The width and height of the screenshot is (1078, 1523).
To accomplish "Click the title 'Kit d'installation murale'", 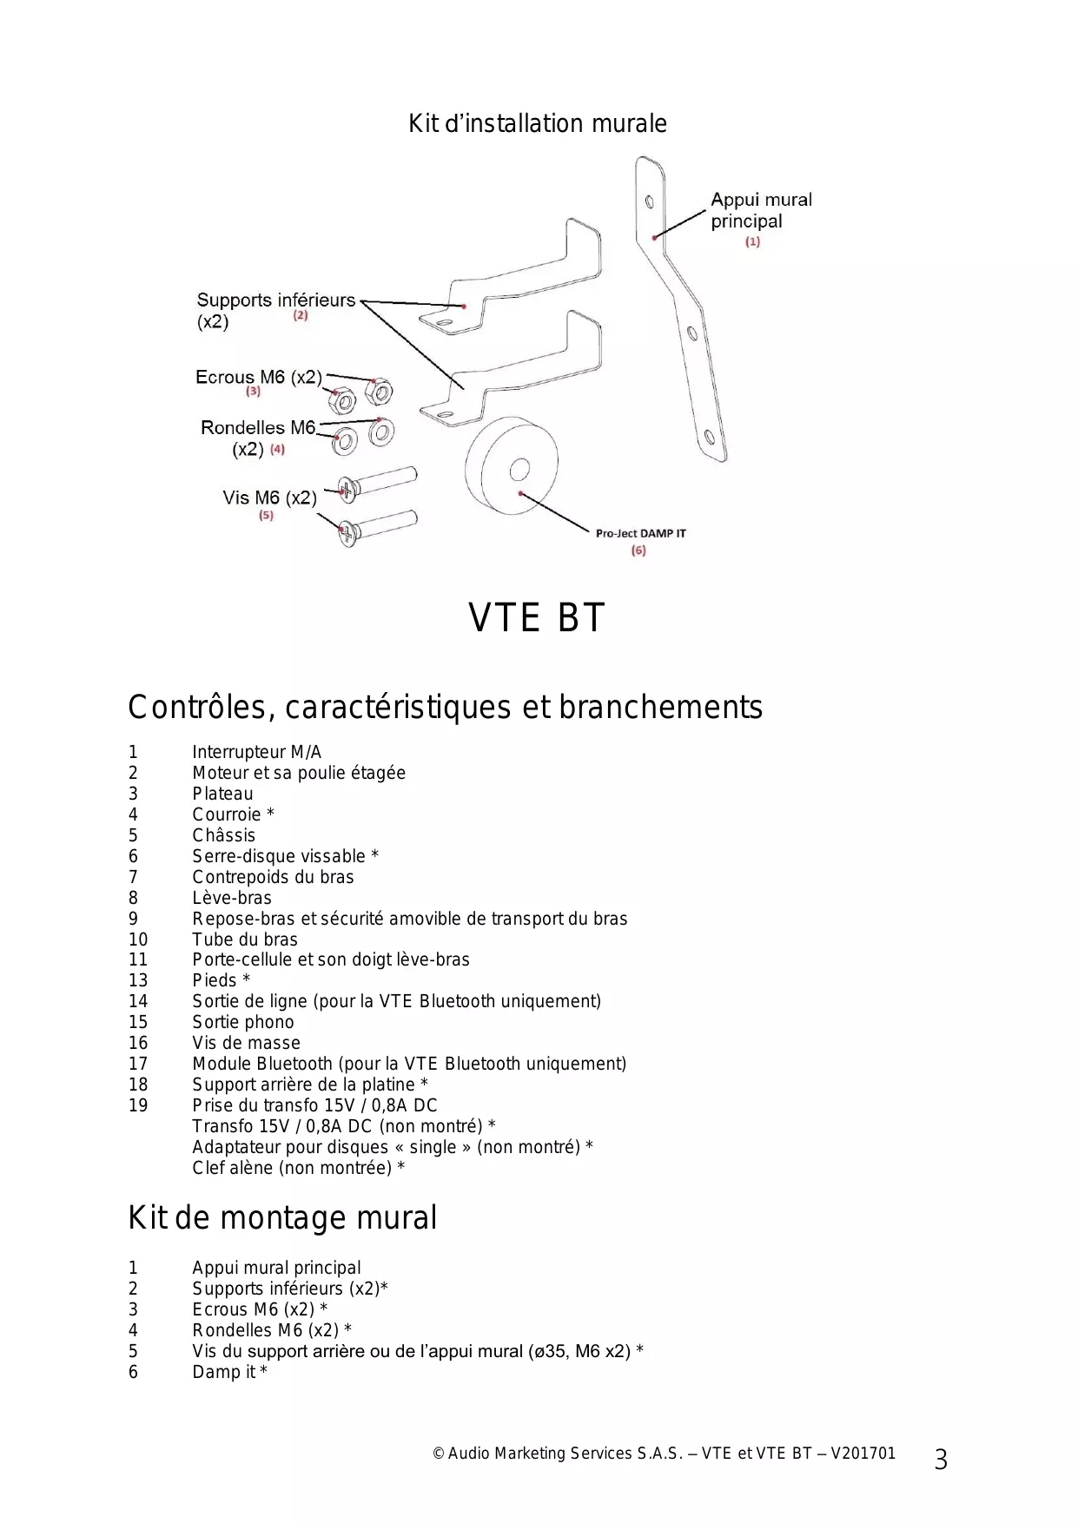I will coord(538,124).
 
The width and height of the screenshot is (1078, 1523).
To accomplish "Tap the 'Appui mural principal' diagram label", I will coord(760,210).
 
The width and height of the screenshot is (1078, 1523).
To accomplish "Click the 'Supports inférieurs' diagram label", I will coord(275,300).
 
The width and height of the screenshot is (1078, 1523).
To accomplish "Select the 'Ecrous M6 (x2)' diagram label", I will coord(258,377).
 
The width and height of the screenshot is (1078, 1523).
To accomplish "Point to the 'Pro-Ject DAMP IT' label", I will coord(640,533).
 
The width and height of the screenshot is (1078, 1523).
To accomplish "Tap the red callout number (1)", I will coord(752,242).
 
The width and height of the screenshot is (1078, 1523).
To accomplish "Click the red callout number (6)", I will coord(638,551).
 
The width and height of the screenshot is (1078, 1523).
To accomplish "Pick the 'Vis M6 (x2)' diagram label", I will coord(269,498).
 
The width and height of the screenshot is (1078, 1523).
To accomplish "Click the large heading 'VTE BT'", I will coord(536,618).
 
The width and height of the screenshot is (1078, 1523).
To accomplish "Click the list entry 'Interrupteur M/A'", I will coord(256,752).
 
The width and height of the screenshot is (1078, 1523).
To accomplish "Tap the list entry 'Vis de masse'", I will coord(246,1043).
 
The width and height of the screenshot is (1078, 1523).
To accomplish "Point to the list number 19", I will coord(138,1105).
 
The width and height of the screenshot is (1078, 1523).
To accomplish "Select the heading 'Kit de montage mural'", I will coord(282,1218).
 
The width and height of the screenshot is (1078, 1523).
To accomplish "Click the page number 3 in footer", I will coord(941,1460).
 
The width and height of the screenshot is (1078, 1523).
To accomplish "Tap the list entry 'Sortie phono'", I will coord(242,1022).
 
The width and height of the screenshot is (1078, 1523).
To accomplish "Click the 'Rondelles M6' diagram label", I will coord(257,427).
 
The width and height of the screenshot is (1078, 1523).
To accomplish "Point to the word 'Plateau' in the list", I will coord(222,794).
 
